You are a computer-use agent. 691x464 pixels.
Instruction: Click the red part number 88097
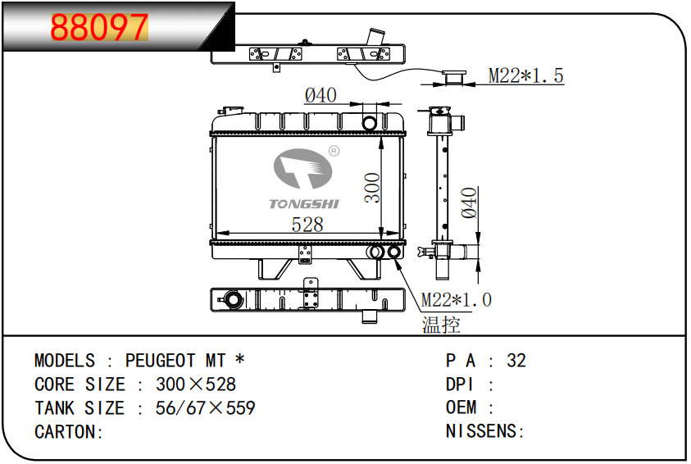pos(99,27)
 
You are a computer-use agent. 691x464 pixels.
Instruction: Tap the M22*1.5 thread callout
pos(525,75)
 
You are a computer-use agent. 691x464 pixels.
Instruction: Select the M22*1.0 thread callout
pos(456,300)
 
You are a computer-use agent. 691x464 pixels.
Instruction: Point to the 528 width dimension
pos(307,225)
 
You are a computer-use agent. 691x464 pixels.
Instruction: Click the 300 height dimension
pos(372,188)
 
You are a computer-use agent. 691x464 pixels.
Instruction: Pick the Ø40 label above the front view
pos(320,95)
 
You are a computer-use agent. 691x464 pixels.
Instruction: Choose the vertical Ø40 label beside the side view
pos(470,203)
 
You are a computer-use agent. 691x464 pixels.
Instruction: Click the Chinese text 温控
pos(441,325)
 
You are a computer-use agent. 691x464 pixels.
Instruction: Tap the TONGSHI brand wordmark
pos(304,204)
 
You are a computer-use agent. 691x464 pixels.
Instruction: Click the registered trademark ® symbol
pos(334,151)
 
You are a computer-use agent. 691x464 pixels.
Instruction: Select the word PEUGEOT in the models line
pos(160,361)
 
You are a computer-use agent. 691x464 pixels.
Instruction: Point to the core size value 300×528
pos(196,384)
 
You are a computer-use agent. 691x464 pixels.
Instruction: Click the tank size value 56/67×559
pos(205,408)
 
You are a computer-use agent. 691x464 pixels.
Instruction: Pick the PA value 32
pos(516,361)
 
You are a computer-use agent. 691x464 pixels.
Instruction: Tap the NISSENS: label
pos(484,431)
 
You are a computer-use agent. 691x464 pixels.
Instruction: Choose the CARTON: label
pos(68,432)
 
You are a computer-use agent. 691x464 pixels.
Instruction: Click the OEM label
pos(461,407)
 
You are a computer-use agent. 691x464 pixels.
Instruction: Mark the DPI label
pos(459,384)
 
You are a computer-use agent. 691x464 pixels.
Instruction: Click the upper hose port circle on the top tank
pos(370,123)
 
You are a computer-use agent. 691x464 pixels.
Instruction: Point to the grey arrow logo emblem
pos(302,168)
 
